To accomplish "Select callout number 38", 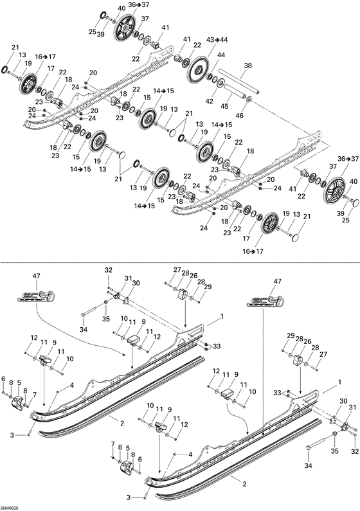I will pyautogui.click(x=249, y=66).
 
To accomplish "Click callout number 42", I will pyautogui.click(x=208, y=101).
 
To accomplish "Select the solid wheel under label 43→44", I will pyautogui.click(x=201, y=69).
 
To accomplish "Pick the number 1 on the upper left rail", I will pyautogui.click(x=222, y=316).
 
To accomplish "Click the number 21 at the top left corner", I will pyautogui.click(x=14, y=47).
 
